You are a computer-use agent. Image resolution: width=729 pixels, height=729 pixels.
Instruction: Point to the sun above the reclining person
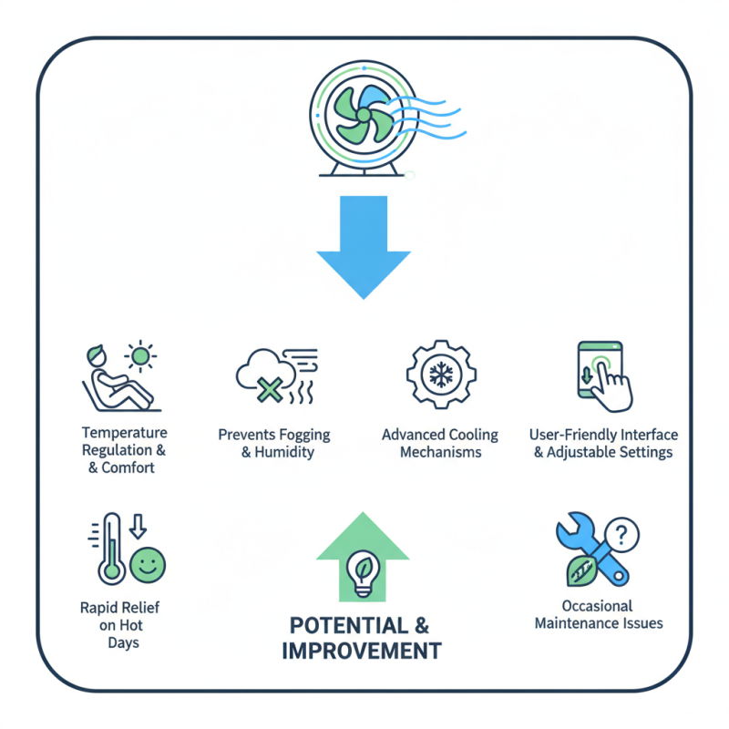pyautogui.click(x=141, y=354)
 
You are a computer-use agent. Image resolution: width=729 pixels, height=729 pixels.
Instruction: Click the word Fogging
pyautogui.click(x=300, y=435)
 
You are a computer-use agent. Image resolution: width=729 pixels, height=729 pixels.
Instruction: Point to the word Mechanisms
pyautogui.click(x=441, y=452)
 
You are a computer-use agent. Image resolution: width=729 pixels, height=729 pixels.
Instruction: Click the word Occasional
pyautogui.click(x=598, y=606)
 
